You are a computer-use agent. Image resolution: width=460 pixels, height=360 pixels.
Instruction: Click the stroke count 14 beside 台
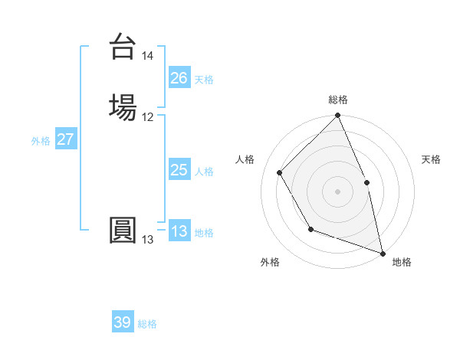click(x=148, y=56)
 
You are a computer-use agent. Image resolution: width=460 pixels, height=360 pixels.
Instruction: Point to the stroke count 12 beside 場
click(x=148, y=117)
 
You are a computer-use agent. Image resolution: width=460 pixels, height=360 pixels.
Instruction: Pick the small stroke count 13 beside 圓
click(x=148, y=240)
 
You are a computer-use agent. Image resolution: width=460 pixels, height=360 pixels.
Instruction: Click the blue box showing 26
click(x=179, y=78)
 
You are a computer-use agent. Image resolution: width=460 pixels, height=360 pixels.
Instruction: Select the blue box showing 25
click(x=179, y=171)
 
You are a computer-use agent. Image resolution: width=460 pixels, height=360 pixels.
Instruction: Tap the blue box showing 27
click(x=66, y=139)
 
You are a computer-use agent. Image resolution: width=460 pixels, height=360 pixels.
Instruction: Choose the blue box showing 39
click(x=123, y=322)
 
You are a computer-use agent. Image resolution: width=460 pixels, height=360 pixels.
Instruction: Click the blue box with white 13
click(x=179, y=232)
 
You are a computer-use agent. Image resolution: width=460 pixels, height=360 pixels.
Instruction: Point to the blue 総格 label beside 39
click(x=147, y=324)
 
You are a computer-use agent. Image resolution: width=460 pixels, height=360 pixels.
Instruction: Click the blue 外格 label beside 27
click(x=41, y=141)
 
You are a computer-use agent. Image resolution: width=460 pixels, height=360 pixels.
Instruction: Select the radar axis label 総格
click(x=338, y=100)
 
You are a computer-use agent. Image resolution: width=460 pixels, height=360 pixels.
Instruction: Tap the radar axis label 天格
click(x=432, y=160)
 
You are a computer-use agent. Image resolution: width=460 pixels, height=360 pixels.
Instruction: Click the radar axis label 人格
click(x=245, y=160)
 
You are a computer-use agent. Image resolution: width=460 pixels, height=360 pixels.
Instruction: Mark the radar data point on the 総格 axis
click(x=338, y=116)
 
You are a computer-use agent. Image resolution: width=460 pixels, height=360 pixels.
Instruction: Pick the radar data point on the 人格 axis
click(x=280, y=172)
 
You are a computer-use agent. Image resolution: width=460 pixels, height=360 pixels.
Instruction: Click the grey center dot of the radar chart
click(x=338, y=191)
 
